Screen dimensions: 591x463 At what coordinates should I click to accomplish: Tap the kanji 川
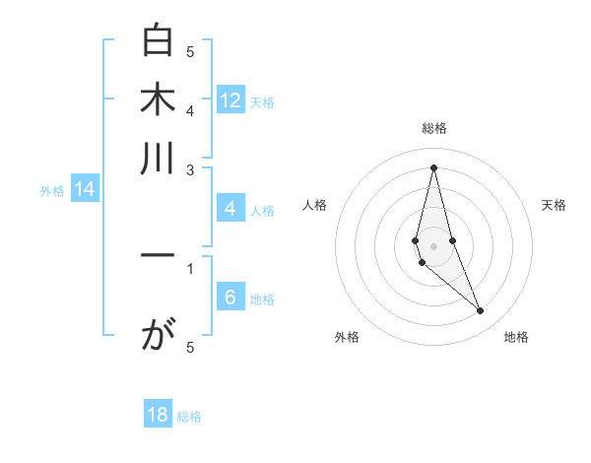point(158,158)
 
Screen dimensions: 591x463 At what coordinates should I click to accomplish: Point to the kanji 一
point(158,255)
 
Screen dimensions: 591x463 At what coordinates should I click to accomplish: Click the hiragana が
point(158,338)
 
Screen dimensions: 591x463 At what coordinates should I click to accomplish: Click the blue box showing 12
point(230,99)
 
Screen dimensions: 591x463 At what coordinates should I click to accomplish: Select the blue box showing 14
point(85,190)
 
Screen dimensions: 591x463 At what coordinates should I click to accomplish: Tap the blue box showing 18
point(158,415)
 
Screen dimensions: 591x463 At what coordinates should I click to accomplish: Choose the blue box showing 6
point(230,298)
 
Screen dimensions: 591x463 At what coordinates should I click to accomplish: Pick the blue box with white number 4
point(230,209)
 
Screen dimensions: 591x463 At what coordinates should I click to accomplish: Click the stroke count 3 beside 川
point(190,169)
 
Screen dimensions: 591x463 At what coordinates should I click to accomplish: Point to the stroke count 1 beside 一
point(190,266)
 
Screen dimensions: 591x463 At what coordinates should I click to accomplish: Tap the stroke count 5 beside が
point(190,347)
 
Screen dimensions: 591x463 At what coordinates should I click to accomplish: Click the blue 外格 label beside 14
point(51,191)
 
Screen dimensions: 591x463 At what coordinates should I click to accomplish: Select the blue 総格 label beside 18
point(189,417)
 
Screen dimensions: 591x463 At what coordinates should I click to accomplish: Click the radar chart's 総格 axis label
point(433,128)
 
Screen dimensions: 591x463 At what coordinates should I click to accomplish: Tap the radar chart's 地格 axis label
point(516,337)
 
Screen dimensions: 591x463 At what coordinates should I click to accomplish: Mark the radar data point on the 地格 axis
point(481,311)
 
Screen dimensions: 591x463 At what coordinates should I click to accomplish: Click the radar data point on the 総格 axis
point(433,166)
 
